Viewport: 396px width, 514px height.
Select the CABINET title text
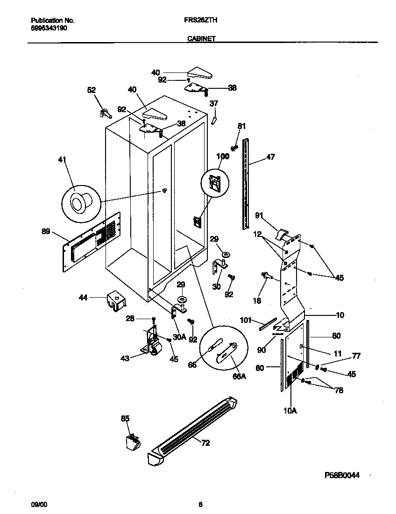(x=201, y=39)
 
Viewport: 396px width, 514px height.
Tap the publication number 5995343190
(x=47, y=28)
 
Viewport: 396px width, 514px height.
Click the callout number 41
(x=62, y=160)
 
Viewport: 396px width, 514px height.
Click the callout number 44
(x=83, y=297)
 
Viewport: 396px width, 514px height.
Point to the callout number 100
(x=223, y=157)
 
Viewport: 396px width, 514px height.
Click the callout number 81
(x=241, y=126)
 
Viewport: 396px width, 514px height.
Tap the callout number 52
(x=92, y=90)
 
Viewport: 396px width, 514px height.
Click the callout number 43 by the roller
(x=125, y=358)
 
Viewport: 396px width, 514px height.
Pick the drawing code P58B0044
(x=343, y=475)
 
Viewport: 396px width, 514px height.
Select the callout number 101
(x=246, y=320)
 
